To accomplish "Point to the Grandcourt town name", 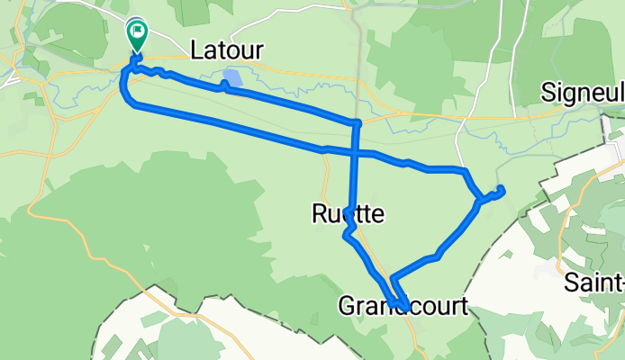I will click(403, 306).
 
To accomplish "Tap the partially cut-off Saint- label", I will click(594, 283).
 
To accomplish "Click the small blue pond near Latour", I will click(233, 79).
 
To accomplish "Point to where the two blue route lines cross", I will click(356, 151).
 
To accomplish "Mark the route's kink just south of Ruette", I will click(346, 236).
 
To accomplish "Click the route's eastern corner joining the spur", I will click(477, 200).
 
